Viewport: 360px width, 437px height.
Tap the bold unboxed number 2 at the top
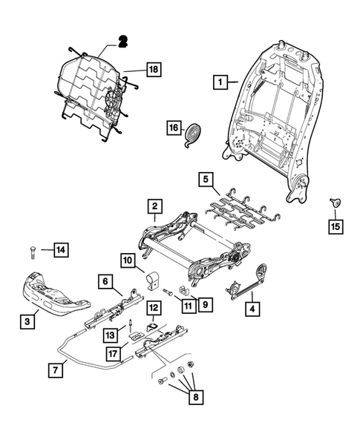point(123,42)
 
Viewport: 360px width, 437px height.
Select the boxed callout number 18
point(153,70)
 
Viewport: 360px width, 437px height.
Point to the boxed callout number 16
point(172,128)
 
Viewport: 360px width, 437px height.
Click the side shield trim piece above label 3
point(56,298)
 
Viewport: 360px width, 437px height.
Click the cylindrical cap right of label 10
point(153,279)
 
